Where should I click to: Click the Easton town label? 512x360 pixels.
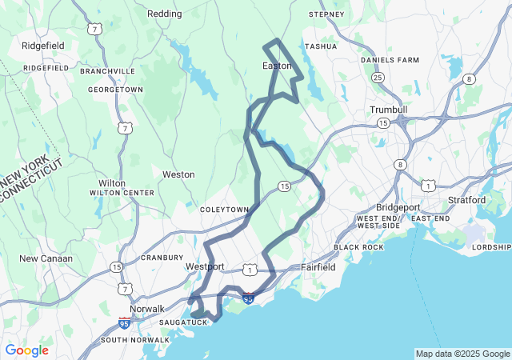(x=277, y=66)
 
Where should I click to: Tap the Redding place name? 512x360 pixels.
(x=165, y=14)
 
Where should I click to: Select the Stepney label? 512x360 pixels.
(x=326, y=14)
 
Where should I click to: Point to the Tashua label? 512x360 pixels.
(x=321, y=46)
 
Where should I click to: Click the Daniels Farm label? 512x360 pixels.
(x=390, y=60)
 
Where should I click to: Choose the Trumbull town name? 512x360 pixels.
(x=389, y=110)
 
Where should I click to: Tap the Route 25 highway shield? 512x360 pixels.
(x=377, y=78)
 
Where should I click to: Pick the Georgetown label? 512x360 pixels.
(x=116, y=90)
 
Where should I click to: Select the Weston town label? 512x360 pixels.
(x=178, y=174)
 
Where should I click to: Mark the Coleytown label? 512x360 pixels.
(x=225, y=209)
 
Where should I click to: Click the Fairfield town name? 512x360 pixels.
(x=318, y=266)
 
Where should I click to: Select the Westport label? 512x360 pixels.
(x=204, y=266)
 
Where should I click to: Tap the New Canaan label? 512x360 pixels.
(x=46, y=258)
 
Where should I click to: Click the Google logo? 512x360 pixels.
(x=26, y=350)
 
